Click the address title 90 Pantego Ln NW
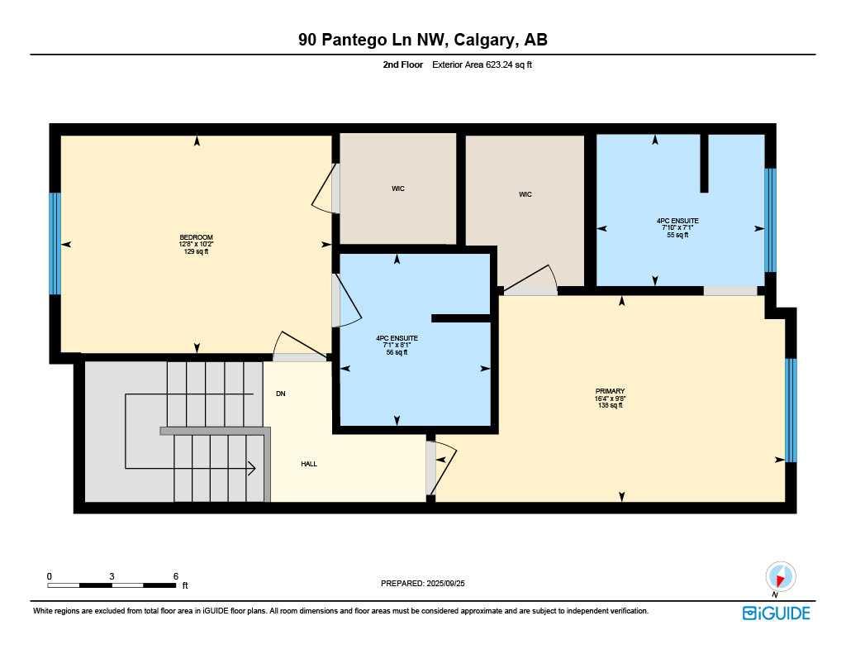(x=422, y=40)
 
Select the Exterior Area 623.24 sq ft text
(x=482, y=64)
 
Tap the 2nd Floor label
(x=403, y=64)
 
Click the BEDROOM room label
(x=197, y=244)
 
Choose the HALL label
(x=309, y=464)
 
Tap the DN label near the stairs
(x=281, y=394)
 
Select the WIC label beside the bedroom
(x=398, y=189)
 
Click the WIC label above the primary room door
(x=525, y=194)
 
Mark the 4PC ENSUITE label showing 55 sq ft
(x=677, y=227)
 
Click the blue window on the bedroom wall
(x=55, y=244)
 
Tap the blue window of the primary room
(x=791, y=410)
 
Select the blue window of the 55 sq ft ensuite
(x=770, y=219)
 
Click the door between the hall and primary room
(x=431, y=468)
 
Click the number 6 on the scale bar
(x=176, y=576)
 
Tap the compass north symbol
(x=780, y=577)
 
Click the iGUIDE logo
(x=776, y=613)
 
